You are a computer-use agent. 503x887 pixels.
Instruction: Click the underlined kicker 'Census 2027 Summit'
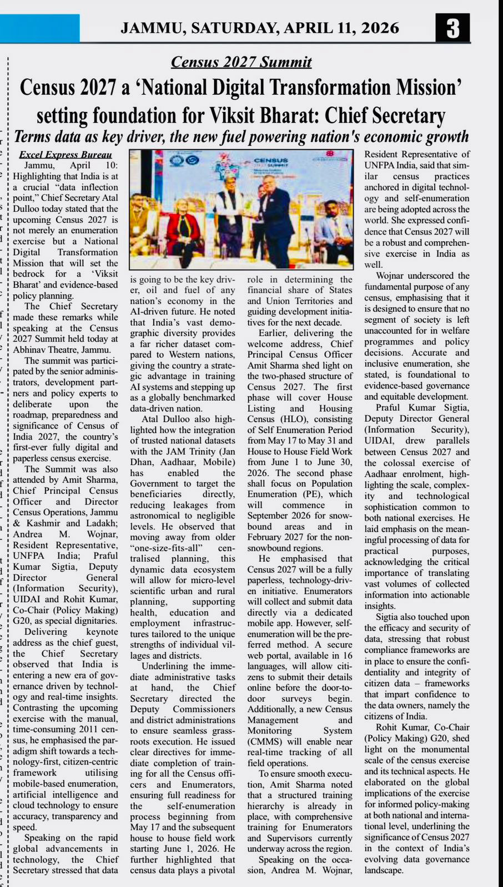241,62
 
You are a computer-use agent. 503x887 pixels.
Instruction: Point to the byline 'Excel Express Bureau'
66,155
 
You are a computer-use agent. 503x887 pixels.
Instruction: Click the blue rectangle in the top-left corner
39,28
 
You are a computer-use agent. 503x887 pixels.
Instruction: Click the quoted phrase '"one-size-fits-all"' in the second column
165,548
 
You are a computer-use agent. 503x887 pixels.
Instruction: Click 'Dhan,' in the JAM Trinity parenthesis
143,462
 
